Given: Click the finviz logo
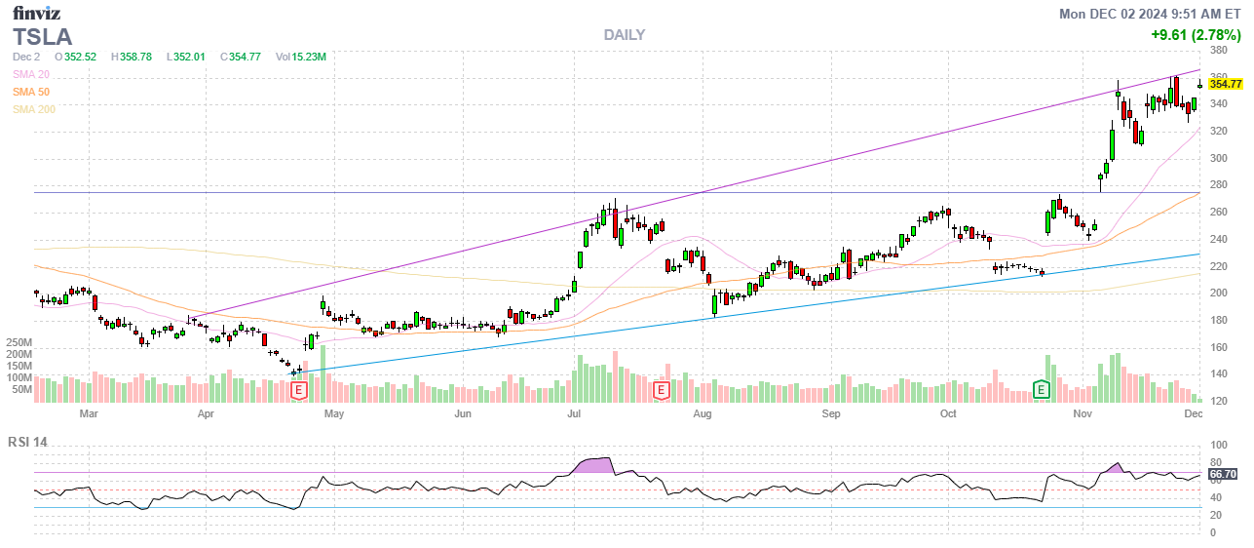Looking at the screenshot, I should tap(36, 14).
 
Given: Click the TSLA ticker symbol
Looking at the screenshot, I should tap(43, 37).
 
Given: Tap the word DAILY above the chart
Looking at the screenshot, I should tap(624, 35).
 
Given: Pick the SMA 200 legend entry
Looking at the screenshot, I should tap(35, 109).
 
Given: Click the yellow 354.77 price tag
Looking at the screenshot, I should tap(1224, 85).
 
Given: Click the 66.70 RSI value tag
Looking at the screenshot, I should tap(1223, 475).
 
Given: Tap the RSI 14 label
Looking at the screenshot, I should tap(27, 442).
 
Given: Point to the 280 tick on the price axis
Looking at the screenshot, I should tap(1218, 185).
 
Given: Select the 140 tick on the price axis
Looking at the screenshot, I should tap(1218, 374).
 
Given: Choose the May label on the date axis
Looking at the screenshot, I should tap(334, 414).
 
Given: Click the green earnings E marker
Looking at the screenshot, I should tap(1041, 390).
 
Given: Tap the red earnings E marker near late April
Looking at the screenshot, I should tap(299, 390).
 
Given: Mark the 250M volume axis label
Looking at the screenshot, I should tap(19, 343).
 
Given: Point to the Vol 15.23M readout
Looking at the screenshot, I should tap(300, 57).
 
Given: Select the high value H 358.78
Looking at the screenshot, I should tap(132, 57).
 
